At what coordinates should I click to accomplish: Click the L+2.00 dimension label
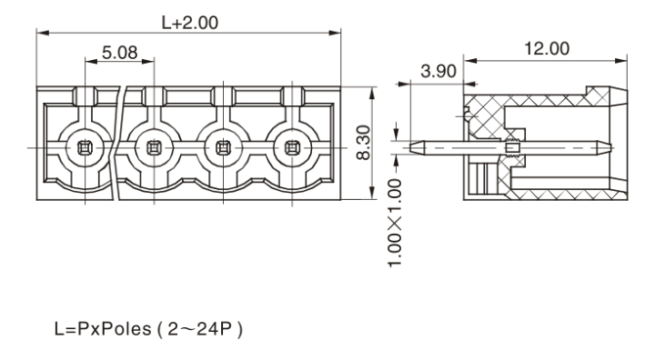pyautogui.click(x=189, y=23)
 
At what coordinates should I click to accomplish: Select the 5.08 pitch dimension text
pyautogui.click(x=119, y=53)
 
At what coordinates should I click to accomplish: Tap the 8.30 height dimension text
pyautogui.click(x=363, y=143)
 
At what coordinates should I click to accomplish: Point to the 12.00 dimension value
pyautogui.click(x=547, y=48)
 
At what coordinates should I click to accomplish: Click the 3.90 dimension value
pyautogui.click(x=438, y=71)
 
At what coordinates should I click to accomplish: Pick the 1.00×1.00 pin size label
pyautogui.click(x=395, y=223)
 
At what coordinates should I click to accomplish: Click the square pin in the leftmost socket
pyautogui.click(x=86, y=148)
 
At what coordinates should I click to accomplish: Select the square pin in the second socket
pyautogui.click(x=154, y=148)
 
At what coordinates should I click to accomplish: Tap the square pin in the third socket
pyautogui.click(x=223, y=148)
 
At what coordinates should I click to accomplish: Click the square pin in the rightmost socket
pyautogui.click(x=292, y=148)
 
